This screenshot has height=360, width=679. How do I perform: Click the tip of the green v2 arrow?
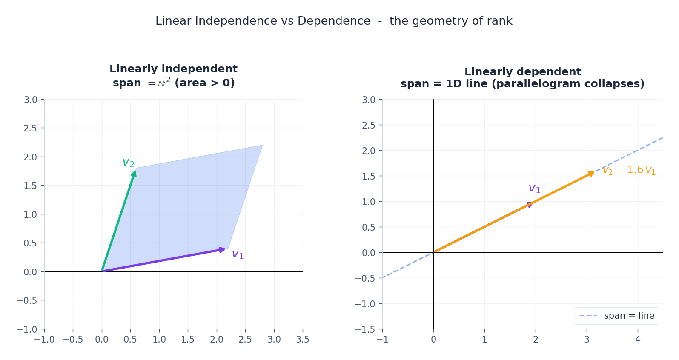click(135, 171)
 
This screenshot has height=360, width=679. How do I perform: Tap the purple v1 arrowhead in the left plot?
click(222, 250)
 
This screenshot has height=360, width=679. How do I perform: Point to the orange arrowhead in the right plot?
click(591, 174)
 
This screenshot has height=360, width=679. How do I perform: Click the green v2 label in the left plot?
click(128, 163)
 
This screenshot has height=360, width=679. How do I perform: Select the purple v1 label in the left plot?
click(238, 254)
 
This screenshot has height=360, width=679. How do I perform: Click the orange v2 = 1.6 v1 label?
click(629, 170)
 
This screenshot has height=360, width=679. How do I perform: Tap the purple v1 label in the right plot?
click(534, 189)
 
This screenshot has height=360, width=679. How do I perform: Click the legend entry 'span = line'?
click(629, 316)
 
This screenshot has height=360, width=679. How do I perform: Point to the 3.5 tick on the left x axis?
click(303, 340)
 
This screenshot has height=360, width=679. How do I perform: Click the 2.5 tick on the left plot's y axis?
click(30, 128)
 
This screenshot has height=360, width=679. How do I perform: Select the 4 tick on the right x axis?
click(638, 340)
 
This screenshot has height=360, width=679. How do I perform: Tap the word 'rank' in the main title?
click(500, 21)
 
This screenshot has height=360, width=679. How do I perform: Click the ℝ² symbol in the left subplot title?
click(164, 83)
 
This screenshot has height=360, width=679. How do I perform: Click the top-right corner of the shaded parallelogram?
click(263, 145)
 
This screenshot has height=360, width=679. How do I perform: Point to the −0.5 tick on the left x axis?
click(73, 340)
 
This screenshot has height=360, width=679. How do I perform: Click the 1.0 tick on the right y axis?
click(368, 202)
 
